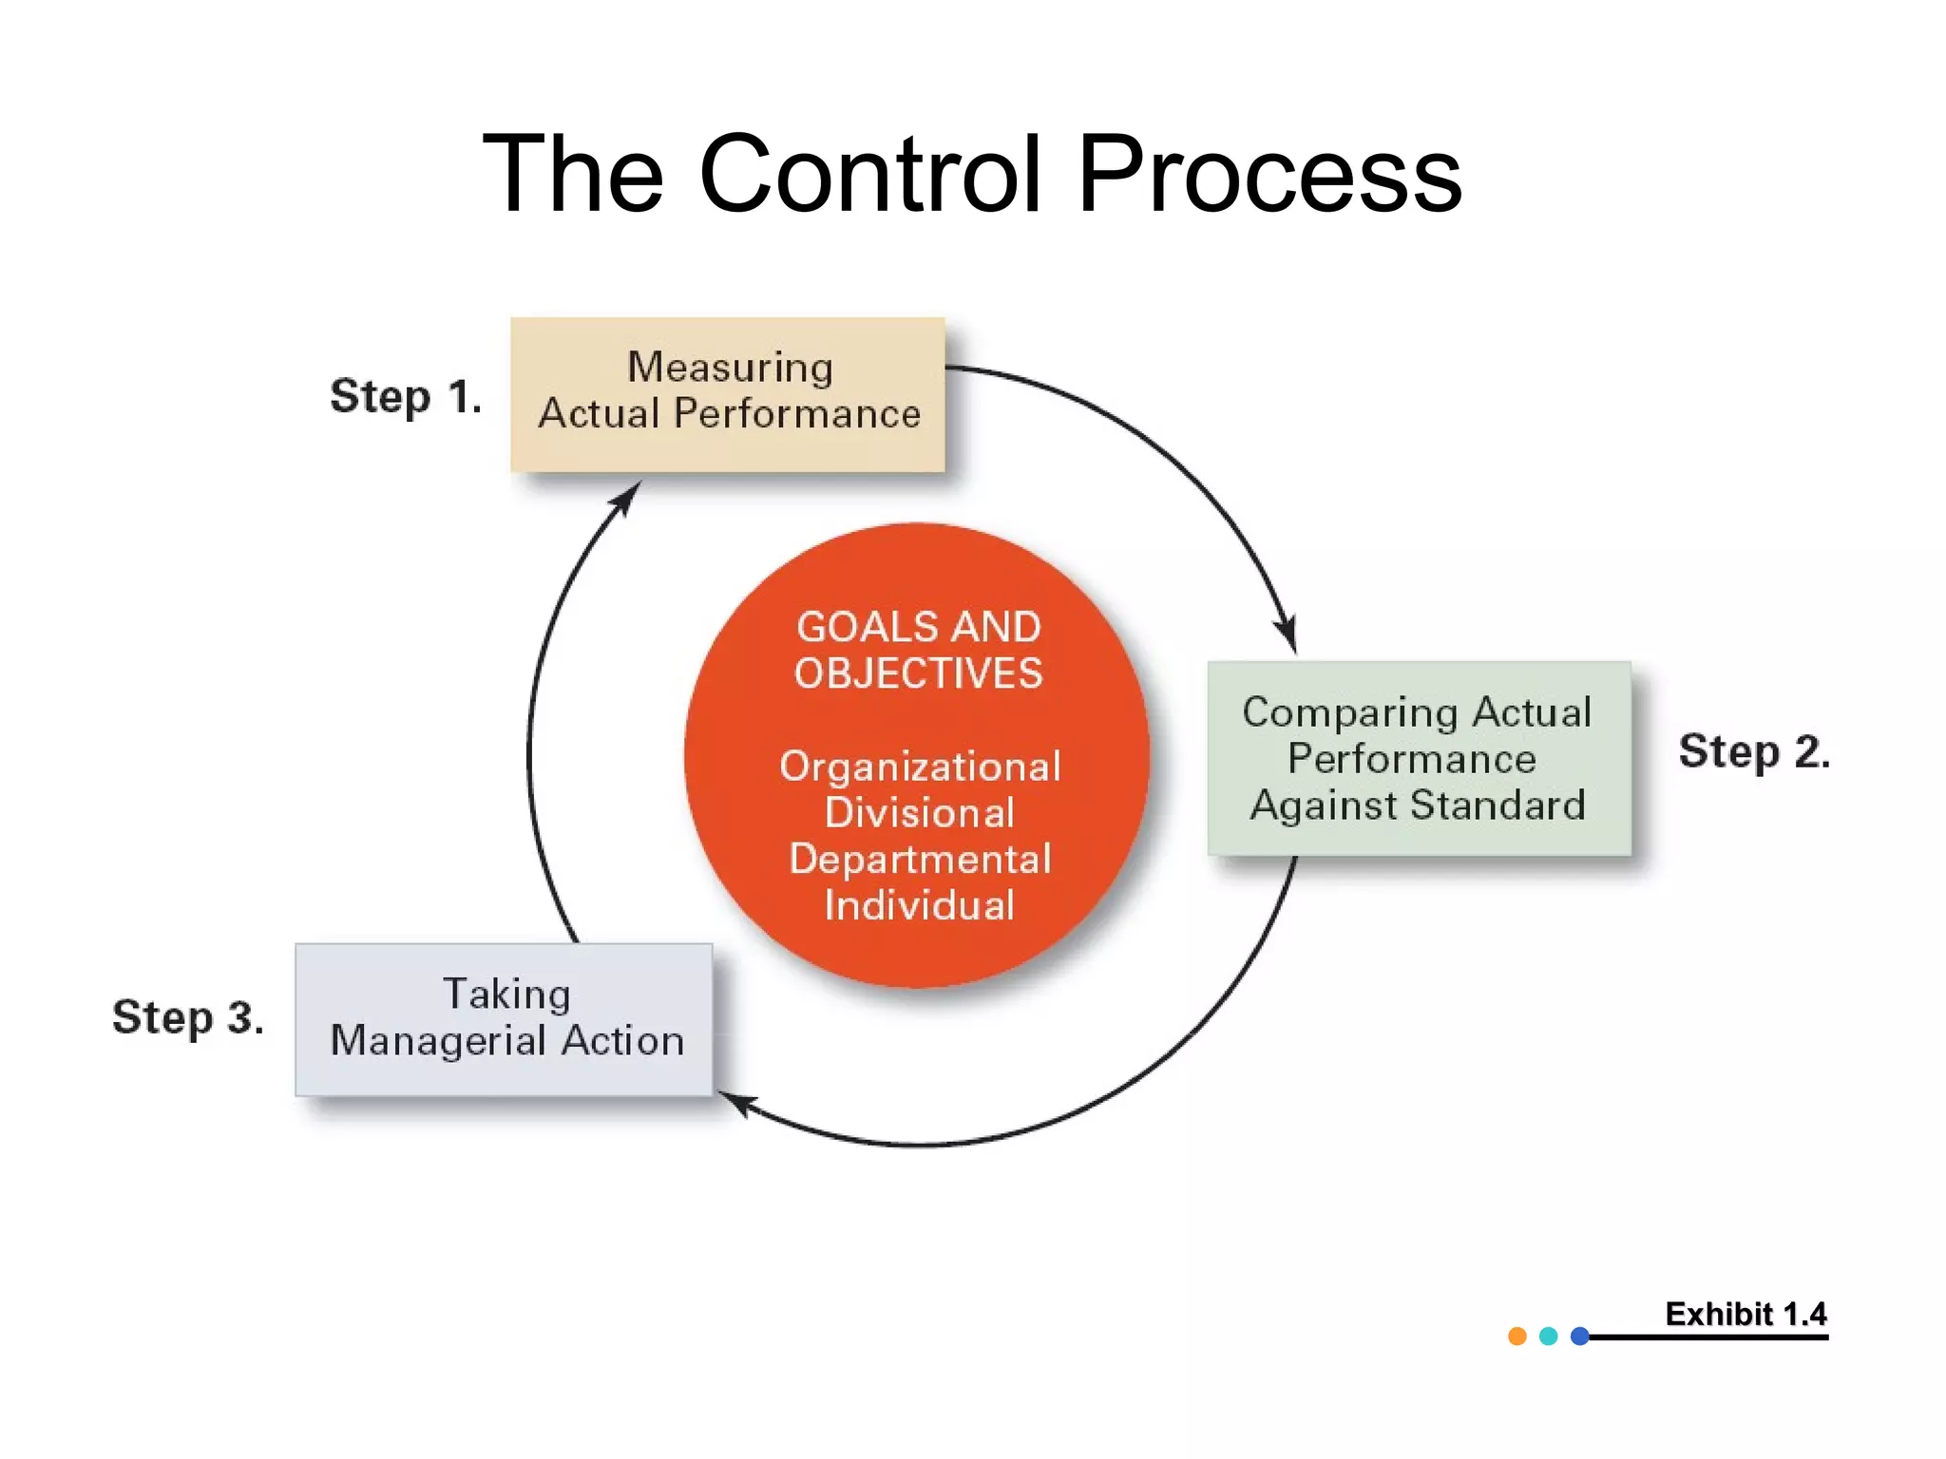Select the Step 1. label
pos(406,396)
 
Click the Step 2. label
pos(1753,751)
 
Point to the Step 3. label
pos(188,1017)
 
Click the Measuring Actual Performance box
pos(728,394)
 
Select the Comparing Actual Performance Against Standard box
pos(1419,758)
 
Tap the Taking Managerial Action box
pos(504,1019)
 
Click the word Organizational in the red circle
pos(920,767)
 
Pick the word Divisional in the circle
pos(920,813)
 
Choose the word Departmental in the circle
pos(920,859)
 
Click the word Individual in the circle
pos(920,904)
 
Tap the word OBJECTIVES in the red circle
pos(918,673)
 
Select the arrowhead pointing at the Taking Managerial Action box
pos(736,1103)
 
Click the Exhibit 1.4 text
pos(1746,1314)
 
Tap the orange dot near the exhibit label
pos(1517,1336)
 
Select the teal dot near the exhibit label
pos(1549,1336)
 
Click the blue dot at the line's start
pos(1580,1336)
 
